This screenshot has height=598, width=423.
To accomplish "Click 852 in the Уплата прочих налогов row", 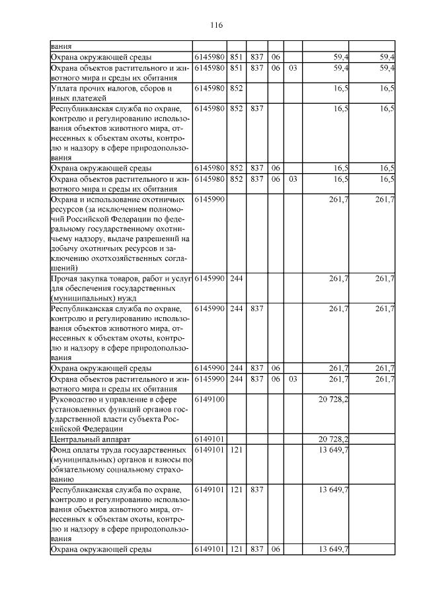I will (237, 88).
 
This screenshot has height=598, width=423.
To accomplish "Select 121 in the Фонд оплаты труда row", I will (237, 449).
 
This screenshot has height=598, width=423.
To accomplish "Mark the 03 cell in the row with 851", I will (293, 67).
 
